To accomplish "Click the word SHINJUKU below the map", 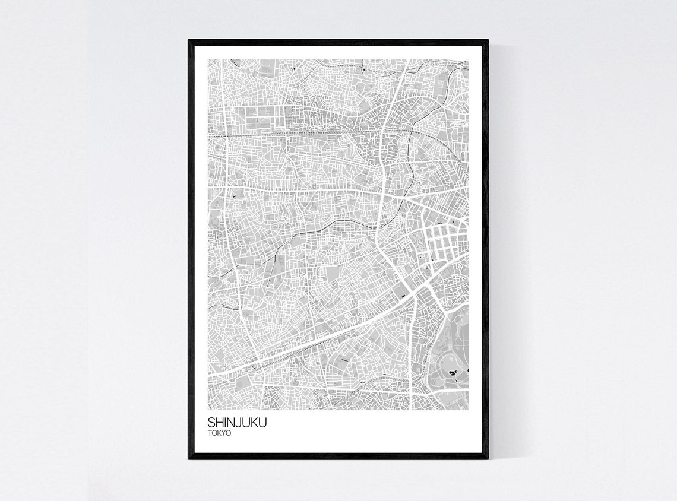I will [237, 423].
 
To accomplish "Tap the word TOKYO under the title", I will [219, 433].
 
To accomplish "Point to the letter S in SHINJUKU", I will [211, 423].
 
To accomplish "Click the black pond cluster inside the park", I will [454, 373].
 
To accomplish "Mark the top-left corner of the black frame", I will [189, 40].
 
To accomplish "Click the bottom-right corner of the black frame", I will [487, 458].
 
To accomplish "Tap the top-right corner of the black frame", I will [487, 40].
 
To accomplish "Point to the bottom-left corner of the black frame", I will [189, 458].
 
